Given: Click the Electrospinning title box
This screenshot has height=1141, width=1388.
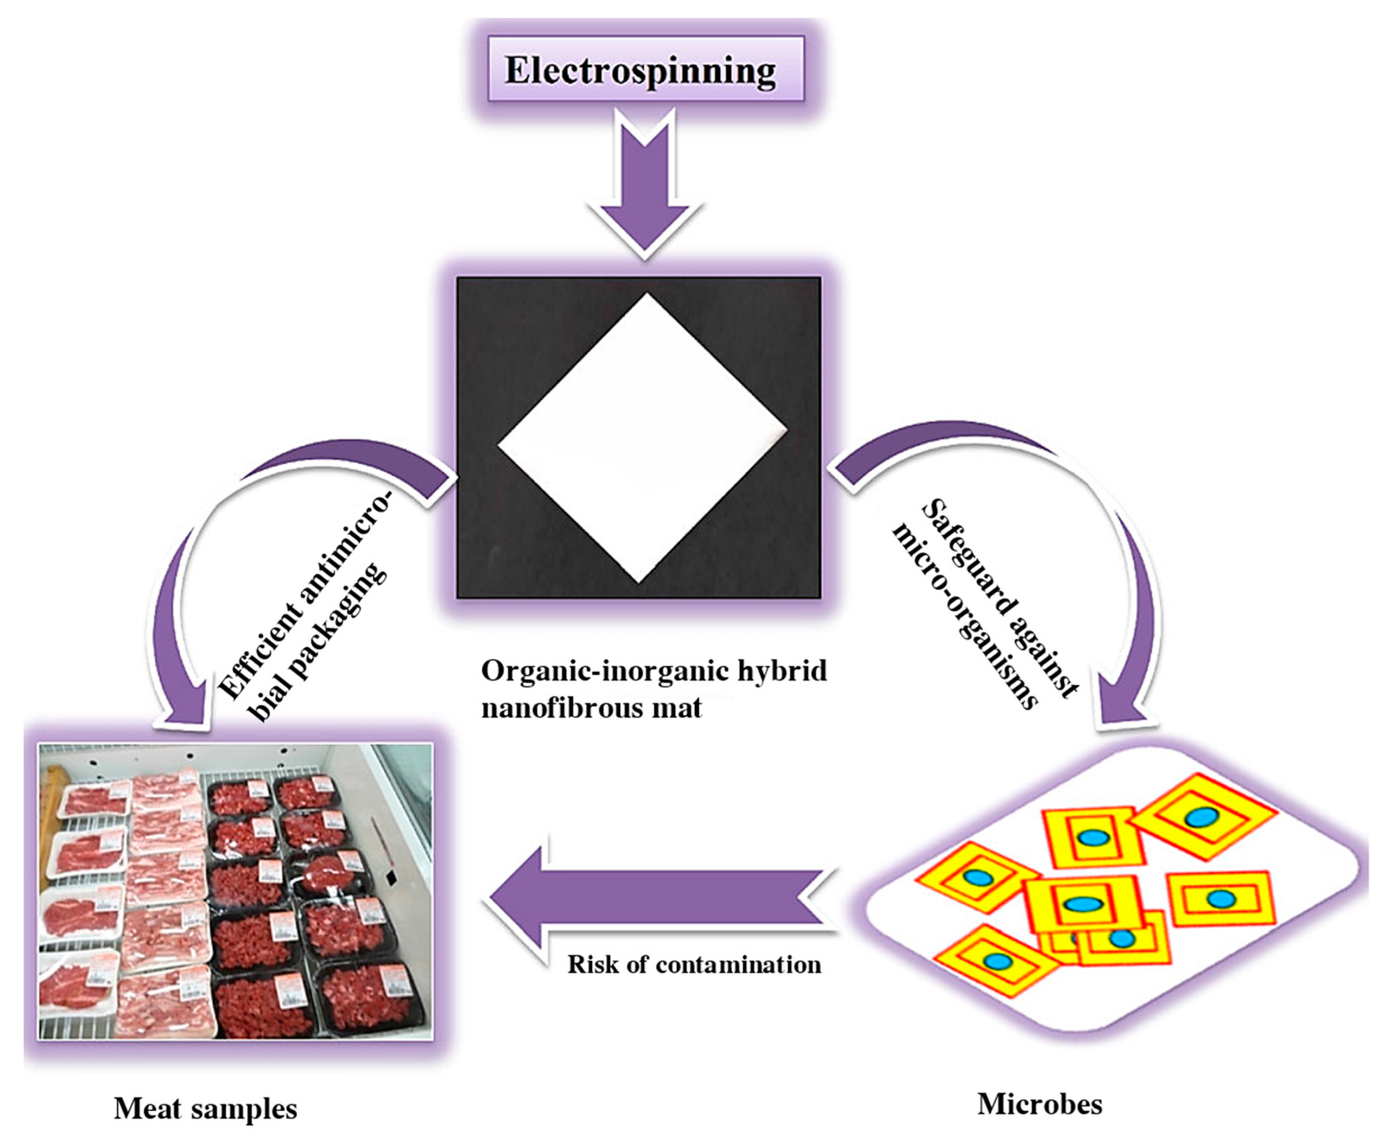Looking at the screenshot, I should [x=645, y=69].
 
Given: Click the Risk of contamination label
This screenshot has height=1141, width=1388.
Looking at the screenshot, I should [x=694, y=965].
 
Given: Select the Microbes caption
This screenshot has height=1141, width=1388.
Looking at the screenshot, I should [x=1039, y=1104].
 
